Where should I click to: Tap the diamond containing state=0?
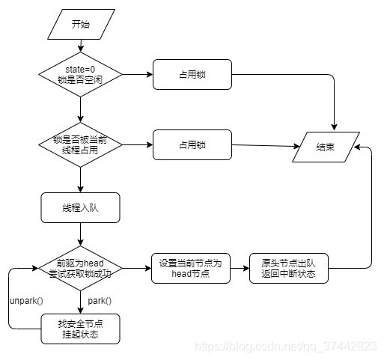[x=79, y=75]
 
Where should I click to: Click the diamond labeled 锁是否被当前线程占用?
[x=79, y=144]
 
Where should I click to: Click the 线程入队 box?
[x=79, y=207]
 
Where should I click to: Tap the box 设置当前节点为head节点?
[x=191, y=268]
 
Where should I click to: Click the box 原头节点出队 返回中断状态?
[x=288, y=268]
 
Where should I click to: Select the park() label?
[x=100, y=300]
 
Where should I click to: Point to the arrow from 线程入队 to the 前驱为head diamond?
[x=79, y=234]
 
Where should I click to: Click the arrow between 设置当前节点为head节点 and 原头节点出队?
[x=240, y=268]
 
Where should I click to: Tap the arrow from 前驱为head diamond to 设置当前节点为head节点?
[x=136, y=268]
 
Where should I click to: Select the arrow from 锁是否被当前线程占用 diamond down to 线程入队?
[x=79, y=178]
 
